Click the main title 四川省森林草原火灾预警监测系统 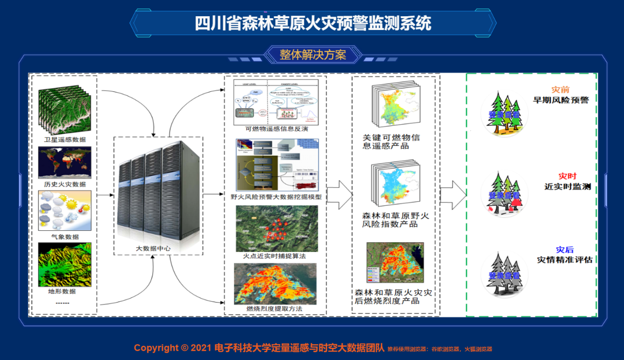[312, 23]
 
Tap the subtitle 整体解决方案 [312, 55]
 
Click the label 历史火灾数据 [64, 184]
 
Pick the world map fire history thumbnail [64, 163]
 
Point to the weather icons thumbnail [64, 212]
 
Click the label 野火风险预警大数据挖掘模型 [276, 197]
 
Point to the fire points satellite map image [277, 228]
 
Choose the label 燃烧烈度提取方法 [274, 308]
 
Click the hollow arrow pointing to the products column [339, 195]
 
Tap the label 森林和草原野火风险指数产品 [396, 220]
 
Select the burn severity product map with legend [395, 263]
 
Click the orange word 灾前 [560, 90]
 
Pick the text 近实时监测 [567, 187]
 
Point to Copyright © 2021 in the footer [172, 348]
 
